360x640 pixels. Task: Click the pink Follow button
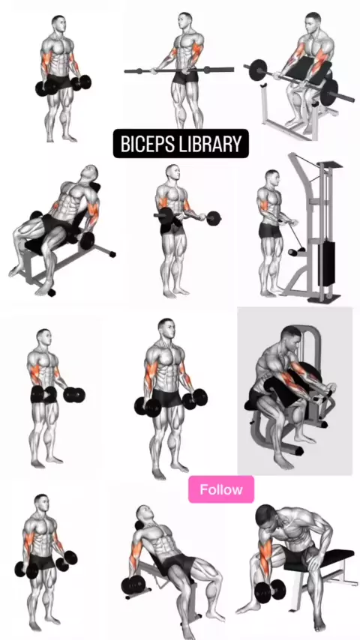(221, 489)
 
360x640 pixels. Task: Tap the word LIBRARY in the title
(210, 144)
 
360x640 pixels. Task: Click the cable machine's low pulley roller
(292, 253)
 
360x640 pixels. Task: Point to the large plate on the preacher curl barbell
(329, 92)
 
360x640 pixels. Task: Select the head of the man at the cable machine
(271, 178)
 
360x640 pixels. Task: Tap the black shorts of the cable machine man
(270, 231)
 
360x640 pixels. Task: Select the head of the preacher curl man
(313, 22)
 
